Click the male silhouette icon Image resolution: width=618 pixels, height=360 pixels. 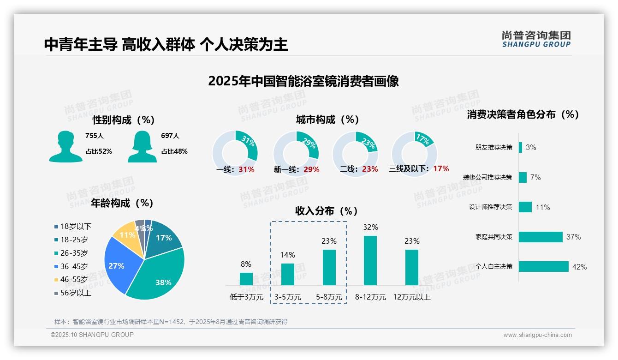pos(65,146)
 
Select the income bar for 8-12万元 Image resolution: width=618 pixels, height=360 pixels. pos(370,260)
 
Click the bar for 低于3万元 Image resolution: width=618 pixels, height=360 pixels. pos(246,279)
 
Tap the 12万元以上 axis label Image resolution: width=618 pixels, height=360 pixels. pos(412,297)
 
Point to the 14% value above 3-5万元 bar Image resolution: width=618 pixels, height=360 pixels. pos(288,255)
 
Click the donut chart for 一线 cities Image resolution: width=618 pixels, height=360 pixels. pos(235,152)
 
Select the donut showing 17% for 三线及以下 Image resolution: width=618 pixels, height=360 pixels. pos(414,152)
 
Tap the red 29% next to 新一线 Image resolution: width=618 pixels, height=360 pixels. pos(311,169)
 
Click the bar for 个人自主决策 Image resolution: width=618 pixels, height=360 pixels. pos(544,266)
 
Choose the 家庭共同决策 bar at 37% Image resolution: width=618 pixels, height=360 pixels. pos(541,237)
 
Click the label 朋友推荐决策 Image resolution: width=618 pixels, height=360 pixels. pos(493,148)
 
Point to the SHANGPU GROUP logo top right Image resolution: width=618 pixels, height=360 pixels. pos(536,39)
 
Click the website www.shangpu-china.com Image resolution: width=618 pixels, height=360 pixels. pos(537,335)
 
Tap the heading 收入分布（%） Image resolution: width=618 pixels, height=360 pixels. pos(327,211)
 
